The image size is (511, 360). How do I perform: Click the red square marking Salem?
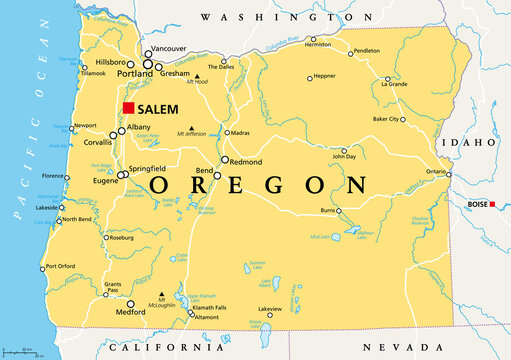tap(127, 109)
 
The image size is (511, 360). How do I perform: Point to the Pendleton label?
tap(367, 50)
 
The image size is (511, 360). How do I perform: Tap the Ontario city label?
tap(436, 172)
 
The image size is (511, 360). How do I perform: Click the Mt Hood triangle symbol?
tap(198, 77)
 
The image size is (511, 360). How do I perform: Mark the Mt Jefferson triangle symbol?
tap(191, 128)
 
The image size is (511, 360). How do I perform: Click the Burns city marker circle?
tap(338, 211)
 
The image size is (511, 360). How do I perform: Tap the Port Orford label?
tap(61, 267)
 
